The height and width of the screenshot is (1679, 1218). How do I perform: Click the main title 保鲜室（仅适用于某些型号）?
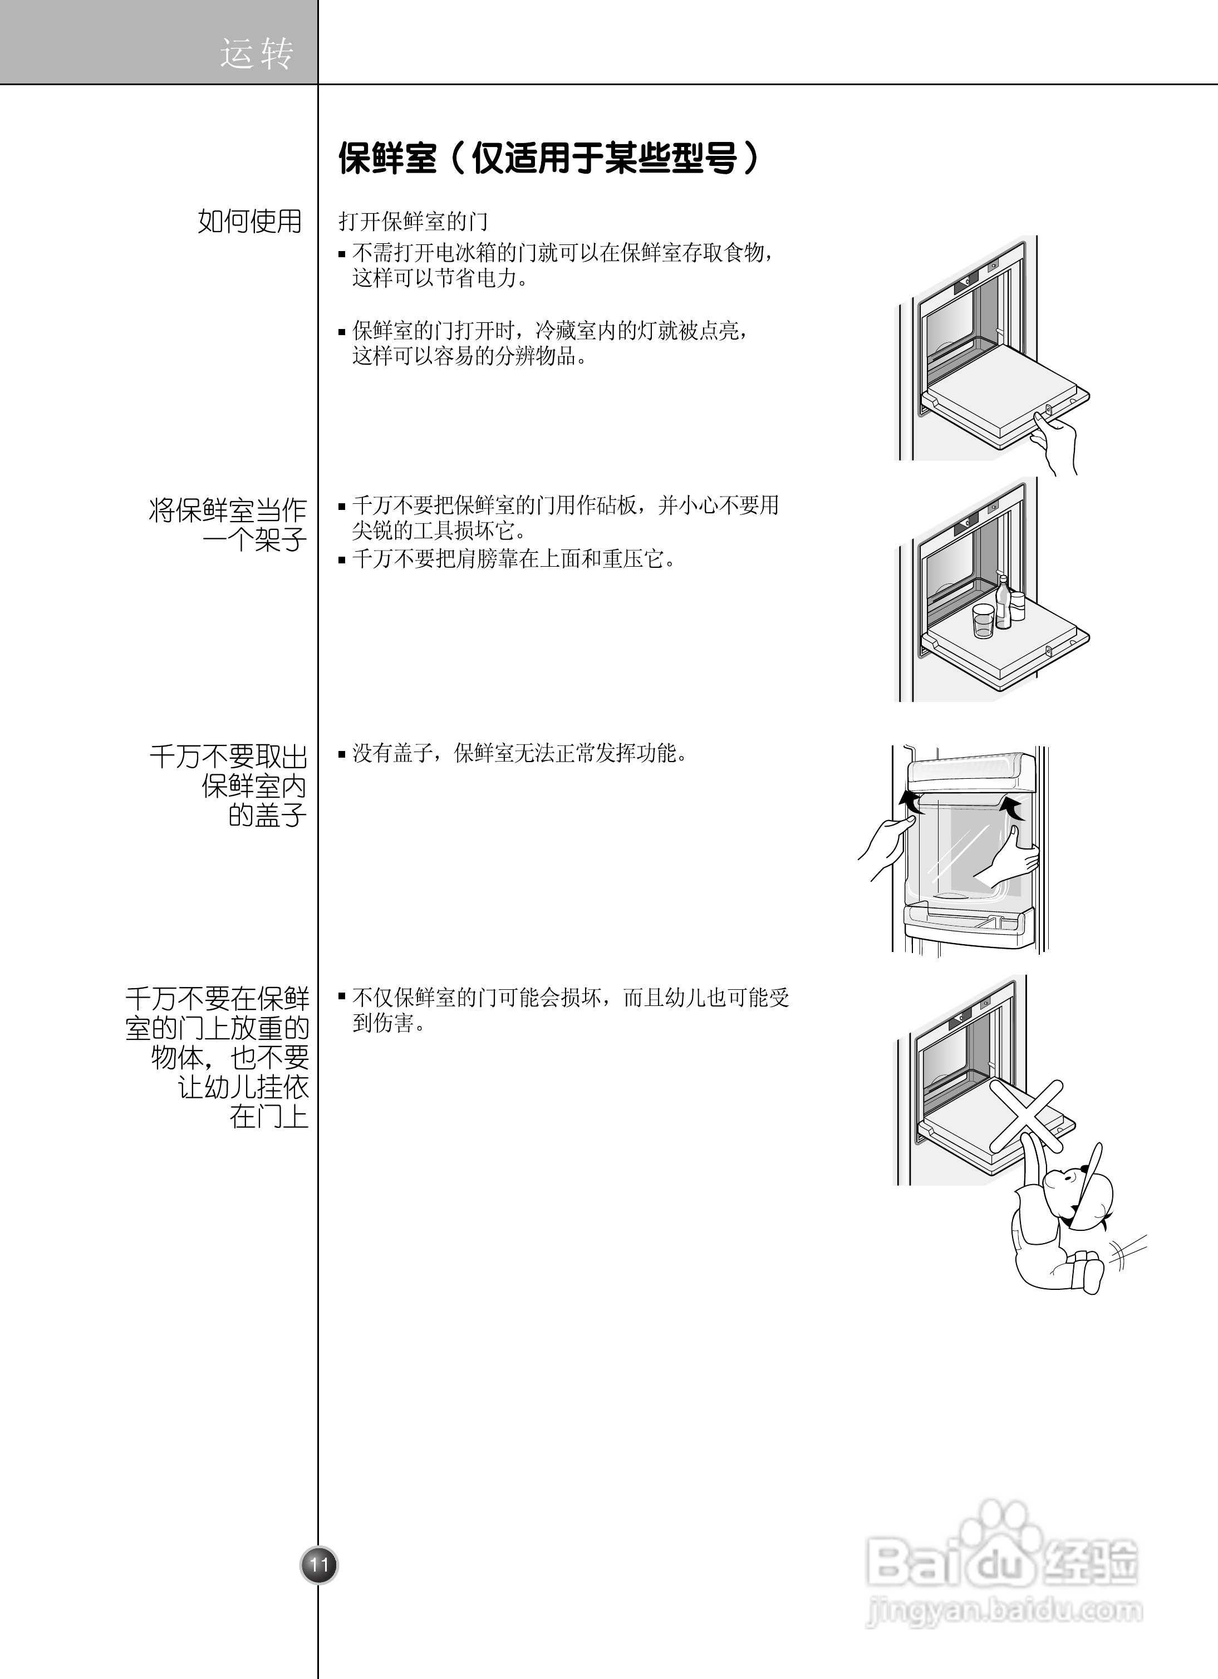pos(549,158)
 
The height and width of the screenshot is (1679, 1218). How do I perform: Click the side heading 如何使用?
pos(249,220)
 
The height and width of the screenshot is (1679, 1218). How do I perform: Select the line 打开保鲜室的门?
pos(413,222)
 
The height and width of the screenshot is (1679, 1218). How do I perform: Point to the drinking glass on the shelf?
pos(983,620)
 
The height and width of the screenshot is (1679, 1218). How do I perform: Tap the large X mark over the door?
pos(1027,1116)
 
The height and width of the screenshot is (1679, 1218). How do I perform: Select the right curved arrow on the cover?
pos(1011,808)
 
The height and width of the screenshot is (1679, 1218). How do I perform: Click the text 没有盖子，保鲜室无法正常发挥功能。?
pos(520,754)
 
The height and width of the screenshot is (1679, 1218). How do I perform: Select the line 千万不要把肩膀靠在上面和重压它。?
pos(514,559)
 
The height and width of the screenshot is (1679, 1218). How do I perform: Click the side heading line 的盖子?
pos(267,816)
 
